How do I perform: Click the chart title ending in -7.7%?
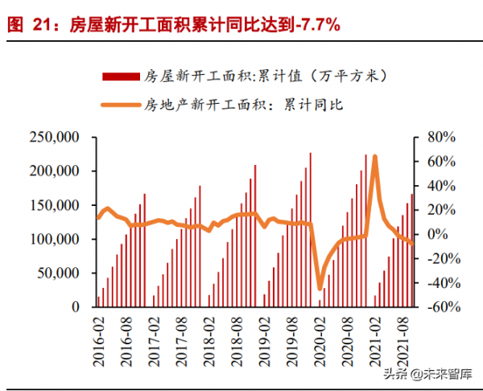[173, 25]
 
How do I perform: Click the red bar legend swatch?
[120, 77]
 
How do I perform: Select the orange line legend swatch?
[120, 103]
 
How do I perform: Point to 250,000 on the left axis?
[53, 138]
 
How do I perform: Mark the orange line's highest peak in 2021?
[375, 157]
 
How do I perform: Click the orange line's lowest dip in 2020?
[320, 288]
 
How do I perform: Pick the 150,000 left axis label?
[53, 206]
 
